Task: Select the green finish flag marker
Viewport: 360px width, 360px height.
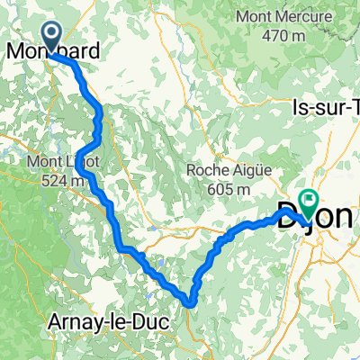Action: (x=311, y=204)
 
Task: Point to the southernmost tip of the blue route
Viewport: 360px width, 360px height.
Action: (x=191, y=303)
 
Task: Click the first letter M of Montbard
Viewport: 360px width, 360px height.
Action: (x=13, y=51)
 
